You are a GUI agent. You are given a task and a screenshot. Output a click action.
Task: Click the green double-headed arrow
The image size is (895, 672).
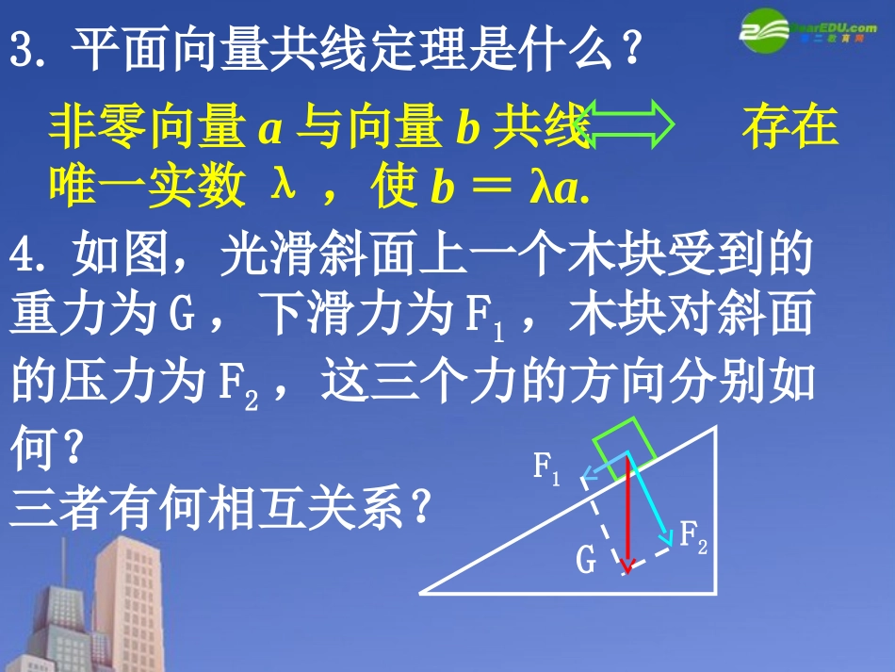628,125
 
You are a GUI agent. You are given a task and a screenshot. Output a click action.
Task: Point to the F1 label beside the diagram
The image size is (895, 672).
546,467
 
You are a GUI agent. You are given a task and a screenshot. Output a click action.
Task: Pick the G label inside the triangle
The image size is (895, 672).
586,561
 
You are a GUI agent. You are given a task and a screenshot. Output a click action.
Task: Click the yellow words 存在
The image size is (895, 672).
789,126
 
